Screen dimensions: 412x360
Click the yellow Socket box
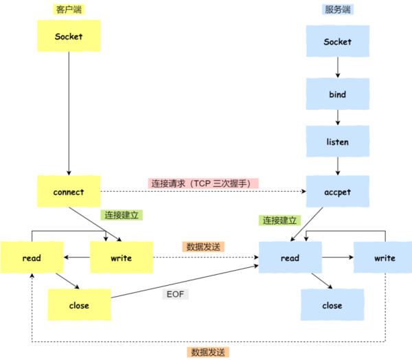(69, 36)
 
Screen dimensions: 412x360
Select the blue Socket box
(338, 41)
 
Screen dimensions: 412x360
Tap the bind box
(338, 94)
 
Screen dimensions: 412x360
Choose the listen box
(338, 142)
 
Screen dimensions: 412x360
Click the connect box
(69, 192)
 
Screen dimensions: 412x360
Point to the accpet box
(338, 192)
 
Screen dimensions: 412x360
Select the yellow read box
(32, 258)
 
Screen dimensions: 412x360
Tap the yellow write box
(122, 258)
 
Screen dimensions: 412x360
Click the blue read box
(290, 258)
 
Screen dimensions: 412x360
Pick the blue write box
(383, 258)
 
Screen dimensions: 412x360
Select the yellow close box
(80, 305)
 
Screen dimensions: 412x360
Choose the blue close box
(332, 305)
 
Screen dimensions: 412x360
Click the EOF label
(175, 294)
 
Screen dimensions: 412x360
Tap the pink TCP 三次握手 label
(203, 183)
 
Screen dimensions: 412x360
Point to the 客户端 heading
(69, 10)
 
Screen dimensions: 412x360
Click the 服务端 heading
(338, 10)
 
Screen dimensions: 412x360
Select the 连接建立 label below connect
(122, 215)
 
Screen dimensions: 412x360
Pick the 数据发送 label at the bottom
(208, 352)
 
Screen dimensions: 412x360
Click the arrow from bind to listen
(338, 117)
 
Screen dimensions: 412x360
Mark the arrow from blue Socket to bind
(338, 67)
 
